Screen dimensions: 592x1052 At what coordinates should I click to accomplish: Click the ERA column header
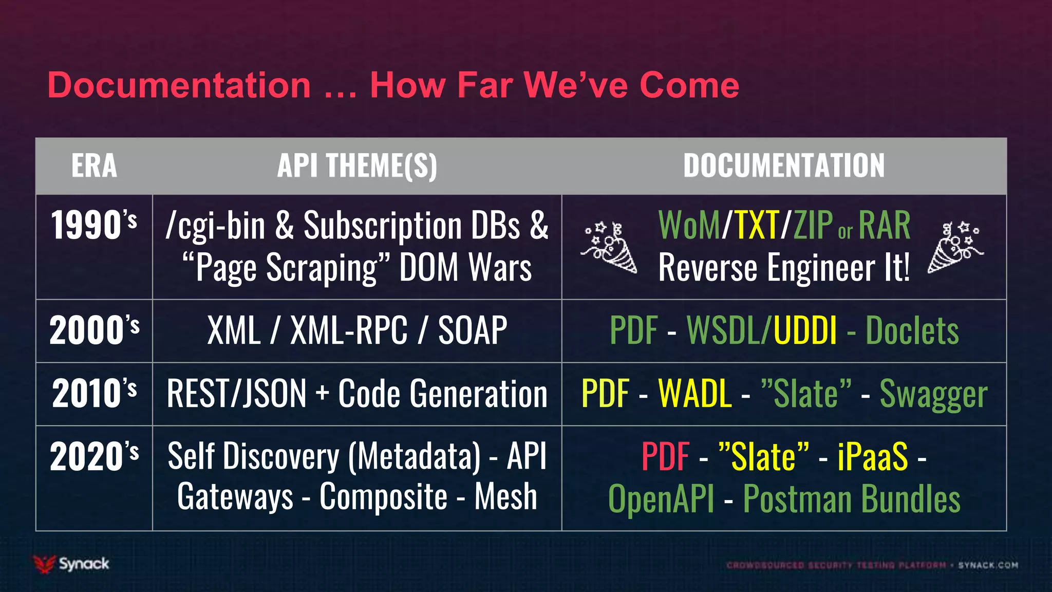click(x=94, y=166)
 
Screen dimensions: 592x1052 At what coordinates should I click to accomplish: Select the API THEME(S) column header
click(x=357, y=166)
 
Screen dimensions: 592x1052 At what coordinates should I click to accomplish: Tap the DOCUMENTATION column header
click(x=784, y=166)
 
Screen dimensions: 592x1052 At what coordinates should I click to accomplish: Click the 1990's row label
click(x=94, y=226)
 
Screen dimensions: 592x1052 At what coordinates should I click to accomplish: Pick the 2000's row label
click(x=94, y=330)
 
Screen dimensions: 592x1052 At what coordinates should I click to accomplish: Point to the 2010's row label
click(x=94, y=394)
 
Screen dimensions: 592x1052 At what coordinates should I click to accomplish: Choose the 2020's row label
click(x=94, y=457)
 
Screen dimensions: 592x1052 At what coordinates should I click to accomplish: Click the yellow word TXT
click(x=757, y=226)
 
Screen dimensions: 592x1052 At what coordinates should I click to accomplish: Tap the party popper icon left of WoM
click(x=609, y=247)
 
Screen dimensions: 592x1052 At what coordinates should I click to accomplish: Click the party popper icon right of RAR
click(x=955, y=247)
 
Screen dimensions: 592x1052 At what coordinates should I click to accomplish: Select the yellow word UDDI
click(x=805, y=330)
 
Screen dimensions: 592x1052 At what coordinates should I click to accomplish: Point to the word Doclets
click(x=912, y=330)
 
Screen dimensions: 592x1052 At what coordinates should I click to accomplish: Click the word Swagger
click(x=933, y=395)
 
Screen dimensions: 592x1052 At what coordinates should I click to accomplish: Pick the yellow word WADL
click(x=695, y=394)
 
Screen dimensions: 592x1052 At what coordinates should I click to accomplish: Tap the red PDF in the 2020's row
click(x=665, y=457)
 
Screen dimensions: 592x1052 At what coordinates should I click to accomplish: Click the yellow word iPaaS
click(x=873, y=457)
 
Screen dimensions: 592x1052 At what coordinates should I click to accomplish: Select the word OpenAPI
click(x=661, y=499)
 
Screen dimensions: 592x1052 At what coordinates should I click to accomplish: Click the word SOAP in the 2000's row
click(x=472, y=330)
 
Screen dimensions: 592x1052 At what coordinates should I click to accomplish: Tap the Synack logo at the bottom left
click(x=71, y=564)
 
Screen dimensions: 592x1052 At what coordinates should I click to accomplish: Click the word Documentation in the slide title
click(x=179, y=85)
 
